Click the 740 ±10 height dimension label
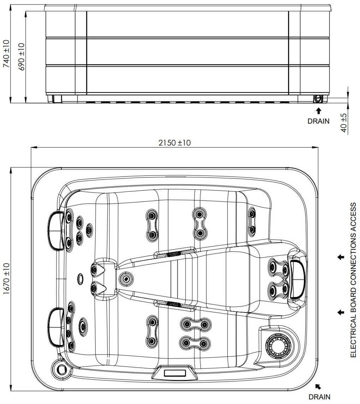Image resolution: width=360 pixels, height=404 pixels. [6, 54]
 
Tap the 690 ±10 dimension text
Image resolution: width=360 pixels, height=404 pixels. [22, 57]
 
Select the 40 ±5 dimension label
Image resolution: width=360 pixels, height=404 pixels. [344, 123]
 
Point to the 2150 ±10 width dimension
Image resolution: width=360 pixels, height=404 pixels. [174, 142]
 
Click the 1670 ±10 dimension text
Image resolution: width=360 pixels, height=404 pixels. [6, 279]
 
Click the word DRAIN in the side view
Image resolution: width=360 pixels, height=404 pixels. [318, 121]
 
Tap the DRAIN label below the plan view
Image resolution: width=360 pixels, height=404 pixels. [319, 397]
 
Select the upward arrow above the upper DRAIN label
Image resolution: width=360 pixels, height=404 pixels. [319, 111]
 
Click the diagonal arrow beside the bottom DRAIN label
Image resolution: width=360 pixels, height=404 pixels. [318, 386]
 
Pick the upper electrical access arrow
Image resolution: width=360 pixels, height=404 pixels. [341, 257]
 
